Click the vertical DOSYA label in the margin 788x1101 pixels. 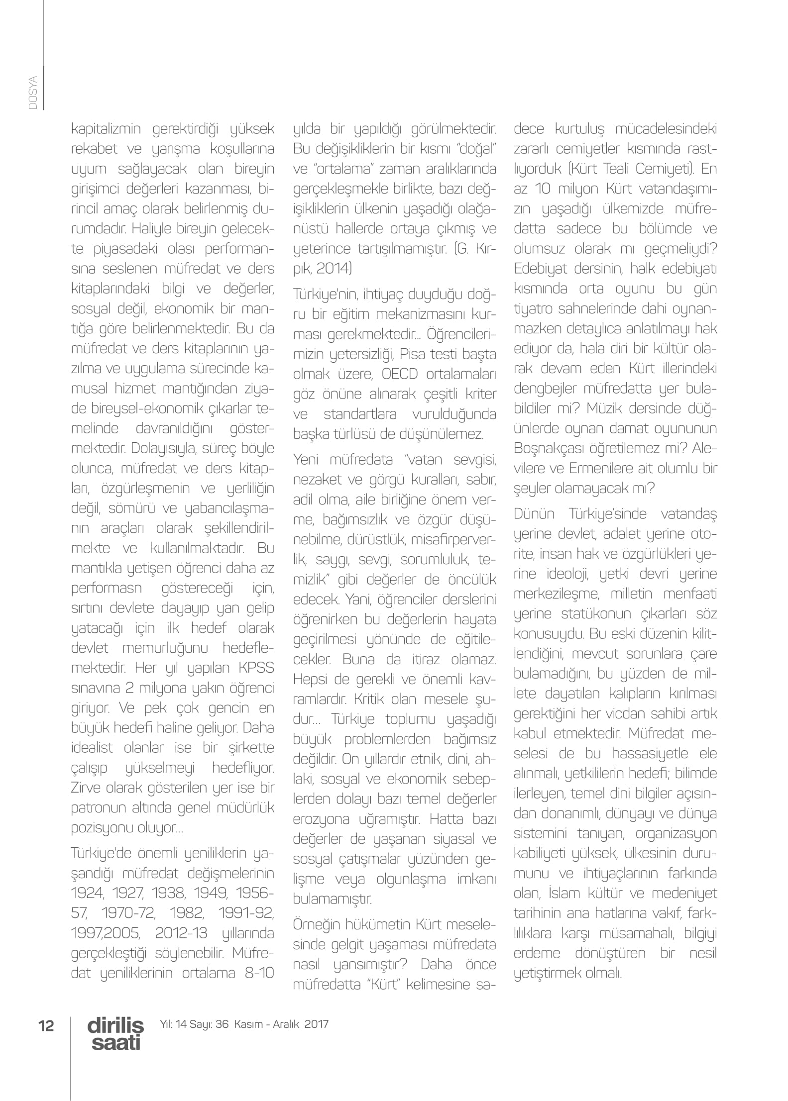tap(33, 93)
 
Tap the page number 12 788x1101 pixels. tap(46, 1025)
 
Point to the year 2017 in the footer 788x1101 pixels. tap(317, 1024)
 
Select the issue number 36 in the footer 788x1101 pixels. tap(222, 1024)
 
